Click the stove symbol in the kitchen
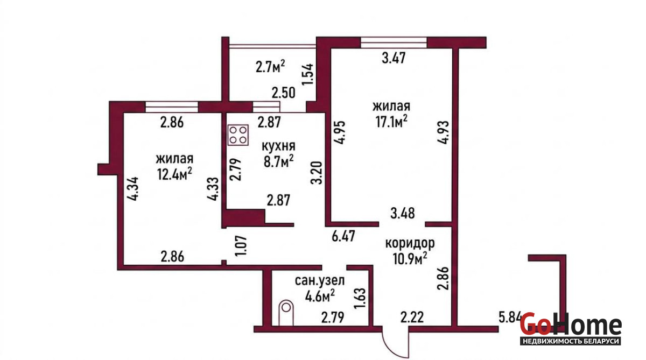pos(238,135)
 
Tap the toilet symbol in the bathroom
pos(286,313)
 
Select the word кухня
pos(279,146)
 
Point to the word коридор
pos(410,244)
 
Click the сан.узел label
pos(320,280)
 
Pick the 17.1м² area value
pos(391,121)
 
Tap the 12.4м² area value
pos(174,173)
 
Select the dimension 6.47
pos(343,236)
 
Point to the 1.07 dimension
pos(241,246)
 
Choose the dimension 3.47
pos(394,58)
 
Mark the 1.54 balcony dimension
pos(307,74)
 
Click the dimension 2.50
pos(284,93)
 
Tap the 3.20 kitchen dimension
pos(316,173)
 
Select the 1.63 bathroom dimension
pos(360,298)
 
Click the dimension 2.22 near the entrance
pos(412,317)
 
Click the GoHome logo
pos(571,329)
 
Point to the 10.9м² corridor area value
pos(410,258)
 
